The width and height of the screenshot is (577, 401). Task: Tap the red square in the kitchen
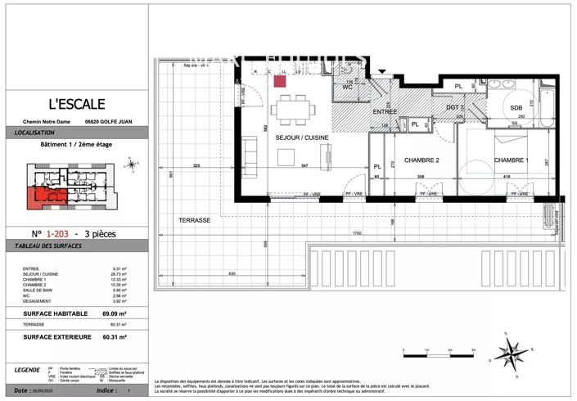[279, 80]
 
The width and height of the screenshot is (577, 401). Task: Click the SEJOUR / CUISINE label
[300, 137]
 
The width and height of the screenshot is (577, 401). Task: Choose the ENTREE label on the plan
[384, 111]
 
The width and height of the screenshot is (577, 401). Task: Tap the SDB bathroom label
[516, 108]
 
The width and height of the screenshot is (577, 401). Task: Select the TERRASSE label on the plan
[195, 220]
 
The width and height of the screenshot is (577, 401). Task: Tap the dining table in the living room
[293, 108]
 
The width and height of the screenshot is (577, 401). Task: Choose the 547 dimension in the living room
[304, 166]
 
